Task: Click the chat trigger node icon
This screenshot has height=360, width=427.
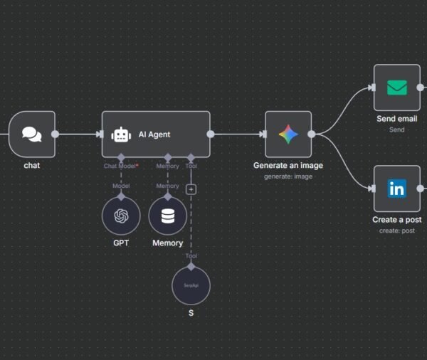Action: pyautogui.click(x=31, y=134)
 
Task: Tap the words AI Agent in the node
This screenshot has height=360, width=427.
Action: pyautogui.click(x=154, y=134)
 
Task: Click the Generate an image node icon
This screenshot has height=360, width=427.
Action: pyautogui.click(x=288, y=134)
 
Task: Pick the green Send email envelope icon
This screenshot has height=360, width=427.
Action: pyautogui.click(x=396, y=88)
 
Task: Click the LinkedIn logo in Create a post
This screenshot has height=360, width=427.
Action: pyautogui.click(x=396, y=189)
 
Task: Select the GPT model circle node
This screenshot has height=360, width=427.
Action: pyautogui.click(x=121, y=216)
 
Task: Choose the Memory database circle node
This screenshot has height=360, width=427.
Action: pyautogui.click(x=168, y=216)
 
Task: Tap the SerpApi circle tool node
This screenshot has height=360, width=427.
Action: pyautogui.click(x=191, y=285)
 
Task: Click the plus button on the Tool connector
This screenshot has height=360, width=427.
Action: pyautogui.click(x=191, y=189)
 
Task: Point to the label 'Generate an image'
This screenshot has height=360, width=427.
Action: pyautogui.click(x=288, y=165)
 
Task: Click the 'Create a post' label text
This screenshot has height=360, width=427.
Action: pyautogui.click(x=396, y=220)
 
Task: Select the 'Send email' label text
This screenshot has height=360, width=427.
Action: pyautogui.click(x=396, y=119)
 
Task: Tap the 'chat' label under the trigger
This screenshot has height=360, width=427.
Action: pyautogui.click(x=31, y=166)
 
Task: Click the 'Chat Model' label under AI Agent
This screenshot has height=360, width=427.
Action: pyautogui.click(x=120, y=166)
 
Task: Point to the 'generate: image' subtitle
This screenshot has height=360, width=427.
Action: pyautogui.click(x=288, y=176)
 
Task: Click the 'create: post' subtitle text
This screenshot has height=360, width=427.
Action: pyautogui.click(x=396, y=231)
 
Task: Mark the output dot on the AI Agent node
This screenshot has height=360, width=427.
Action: pyautogui.click(x=210, y=134)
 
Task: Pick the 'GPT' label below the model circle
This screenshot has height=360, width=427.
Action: pyautogui.click(x=121, y=243)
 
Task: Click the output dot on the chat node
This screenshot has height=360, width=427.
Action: pyautogui.click(x=55, y=134)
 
